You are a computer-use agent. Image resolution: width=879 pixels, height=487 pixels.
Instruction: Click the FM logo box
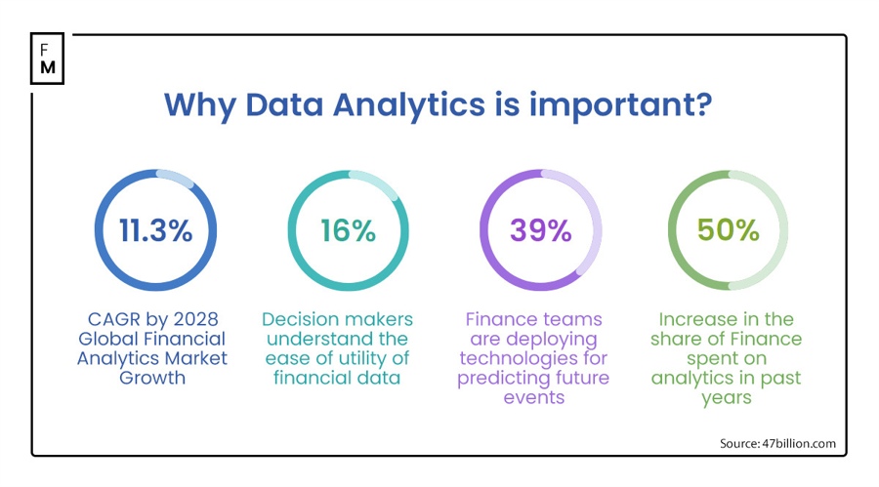pyautogui.click(x=47, y=59)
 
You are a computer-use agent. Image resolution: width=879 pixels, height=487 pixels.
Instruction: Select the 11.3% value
pyautogui.click(x=155, y=230)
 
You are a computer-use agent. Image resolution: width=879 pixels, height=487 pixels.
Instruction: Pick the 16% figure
pyautogui.click(x=348, y=230)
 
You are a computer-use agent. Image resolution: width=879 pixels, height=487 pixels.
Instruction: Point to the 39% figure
pyautogui.click(x=540, y=230)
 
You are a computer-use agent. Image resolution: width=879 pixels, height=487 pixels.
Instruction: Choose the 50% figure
pyautogui.click(x=728, y=230)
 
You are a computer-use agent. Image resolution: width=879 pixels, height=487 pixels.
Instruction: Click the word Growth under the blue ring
pyautogui.click(x=152, y=378)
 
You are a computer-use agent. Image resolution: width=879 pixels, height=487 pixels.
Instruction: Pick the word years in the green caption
pyautogui.click(x=727, y=397)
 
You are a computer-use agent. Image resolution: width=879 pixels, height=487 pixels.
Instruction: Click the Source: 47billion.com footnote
pyautogui.click(x=777, y=443)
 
